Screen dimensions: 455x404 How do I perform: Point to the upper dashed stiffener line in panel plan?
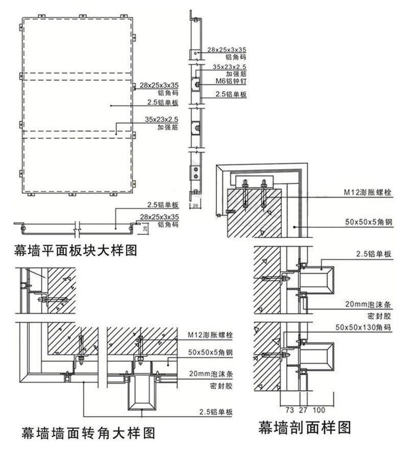[x=77, y=77]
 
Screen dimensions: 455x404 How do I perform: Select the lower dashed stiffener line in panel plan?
[x=77, y=134]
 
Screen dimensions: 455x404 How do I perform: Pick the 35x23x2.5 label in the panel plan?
[x=161, y=119]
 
